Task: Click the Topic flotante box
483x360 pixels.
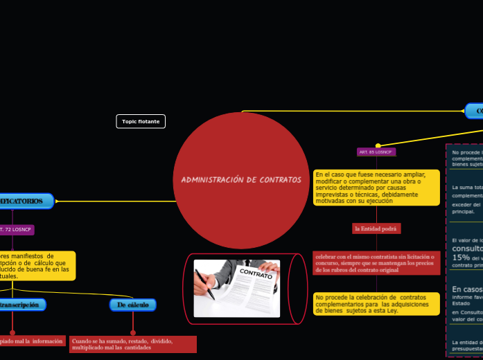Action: [x=141, y=121]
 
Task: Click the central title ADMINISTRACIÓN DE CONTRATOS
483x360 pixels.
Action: [x=241, y=180]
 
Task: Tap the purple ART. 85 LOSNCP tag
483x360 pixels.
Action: [x=376, y=152]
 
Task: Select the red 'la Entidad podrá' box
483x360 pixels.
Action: [x=376, y=228]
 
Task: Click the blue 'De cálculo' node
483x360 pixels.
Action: [x=133, y=305]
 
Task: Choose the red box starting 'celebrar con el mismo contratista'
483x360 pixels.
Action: [x=376, y=262]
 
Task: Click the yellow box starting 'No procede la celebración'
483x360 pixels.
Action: [x=376, y=303]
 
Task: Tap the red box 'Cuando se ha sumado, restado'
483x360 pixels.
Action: [x=132, y=344]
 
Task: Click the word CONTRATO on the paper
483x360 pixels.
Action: [x=256, y=275]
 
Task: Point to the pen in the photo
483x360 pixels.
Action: [x=207, y=286]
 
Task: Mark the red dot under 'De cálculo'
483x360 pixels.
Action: [x=133, y=332]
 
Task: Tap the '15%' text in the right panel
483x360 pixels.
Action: [x=461, y=257]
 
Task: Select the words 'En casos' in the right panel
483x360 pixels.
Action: [x=467, y=289]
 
